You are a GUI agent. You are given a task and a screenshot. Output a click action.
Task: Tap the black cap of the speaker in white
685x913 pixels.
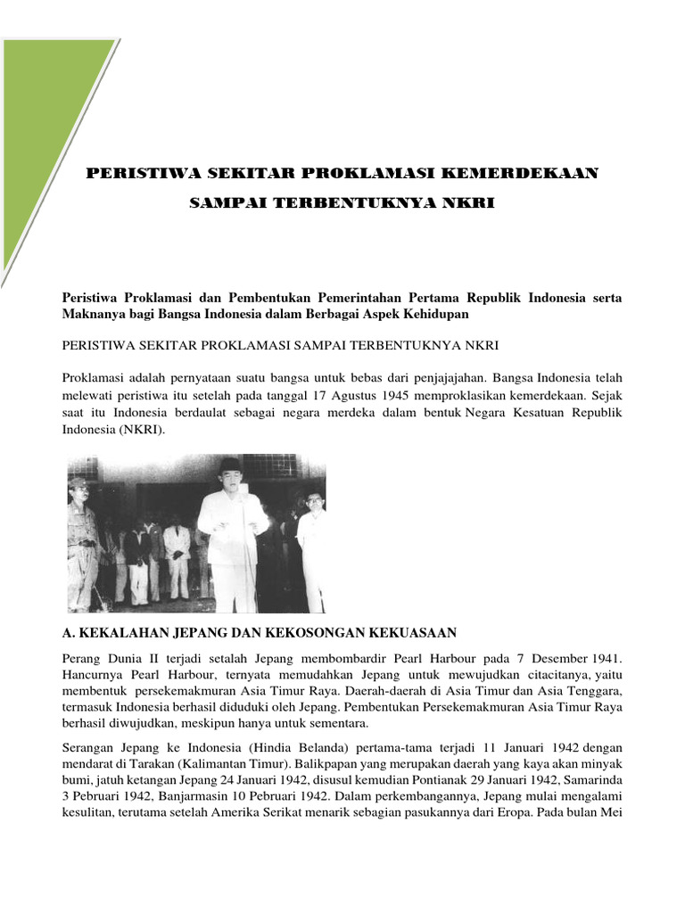pos(230,465)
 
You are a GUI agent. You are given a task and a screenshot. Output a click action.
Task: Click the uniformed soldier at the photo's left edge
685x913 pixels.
pos(82,539)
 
